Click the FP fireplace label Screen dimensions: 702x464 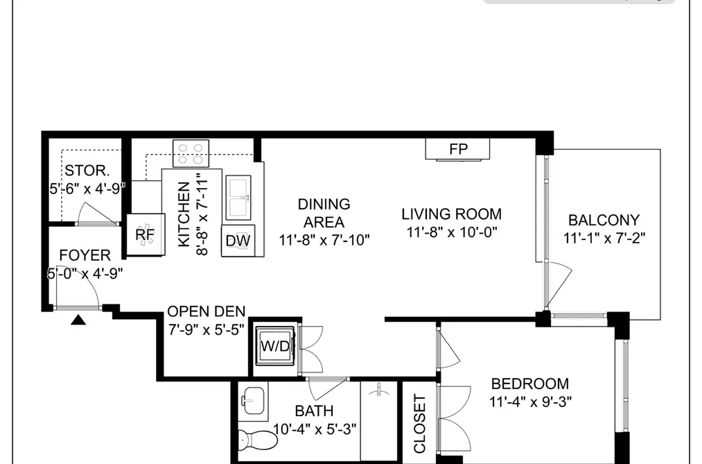[458, 148]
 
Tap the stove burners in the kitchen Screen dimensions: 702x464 [191, 153]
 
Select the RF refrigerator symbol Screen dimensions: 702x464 [146, 234]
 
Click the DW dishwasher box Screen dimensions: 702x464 [238, 241]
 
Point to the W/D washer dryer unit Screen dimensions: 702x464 [275, 346]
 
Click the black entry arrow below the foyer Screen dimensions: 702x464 [78, 319]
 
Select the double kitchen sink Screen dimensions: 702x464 [238, 198]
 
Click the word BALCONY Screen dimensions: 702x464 [604, 220]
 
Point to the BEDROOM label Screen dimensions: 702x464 [530, 384]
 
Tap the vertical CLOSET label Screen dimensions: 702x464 [419, 424]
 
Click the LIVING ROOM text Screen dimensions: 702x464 [451, 214]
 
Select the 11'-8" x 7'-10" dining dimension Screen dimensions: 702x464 [324, 240]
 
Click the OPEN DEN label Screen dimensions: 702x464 [207, 311]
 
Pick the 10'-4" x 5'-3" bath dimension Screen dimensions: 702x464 [315, 429]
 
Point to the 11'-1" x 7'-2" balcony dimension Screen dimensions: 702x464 [604, 238]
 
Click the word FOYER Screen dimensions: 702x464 [85, 255]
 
